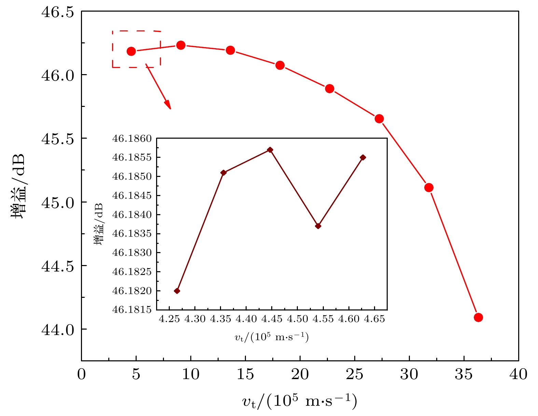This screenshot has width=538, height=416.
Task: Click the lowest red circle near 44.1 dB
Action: [478, 317]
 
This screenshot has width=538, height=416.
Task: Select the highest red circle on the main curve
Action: [181, 45]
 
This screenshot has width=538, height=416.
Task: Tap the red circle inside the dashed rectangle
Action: [131, 51]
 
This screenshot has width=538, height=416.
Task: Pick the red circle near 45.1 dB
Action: [429, 188]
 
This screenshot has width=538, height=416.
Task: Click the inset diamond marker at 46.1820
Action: [177, 291]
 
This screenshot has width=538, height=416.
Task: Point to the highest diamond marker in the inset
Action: [270, 150]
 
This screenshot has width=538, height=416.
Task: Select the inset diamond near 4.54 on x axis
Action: [318, 226]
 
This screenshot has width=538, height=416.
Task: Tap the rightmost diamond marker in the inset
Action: [363, 157]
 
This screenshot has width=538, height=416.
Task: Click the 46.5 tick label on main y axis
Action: [57, 12]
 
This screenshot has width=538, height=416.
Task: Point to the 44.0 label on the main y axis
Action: [57, 330]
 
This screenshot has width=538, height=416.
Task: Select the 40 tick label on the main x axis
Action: [518, 375]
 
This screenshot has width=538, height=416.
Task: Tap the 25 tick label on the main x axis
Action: [355, 375]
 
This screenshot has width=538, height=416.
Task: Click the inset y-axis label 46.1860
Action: [132, 139]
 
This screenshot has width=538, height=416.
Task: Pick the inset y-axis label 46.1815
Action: [132, 310]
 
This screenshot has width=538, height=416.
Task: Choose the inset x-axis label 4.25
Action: [169, 319]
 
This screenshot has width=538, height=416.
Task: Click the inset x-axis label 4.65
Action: [374, 319]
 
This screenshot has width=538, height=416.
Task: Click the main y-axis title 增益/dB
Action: [19, 186]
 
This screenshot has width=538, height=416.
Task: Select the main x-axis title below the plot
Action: [300, 401]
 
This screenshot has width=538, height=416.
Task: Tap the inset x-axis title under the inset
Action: [272, 337]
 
